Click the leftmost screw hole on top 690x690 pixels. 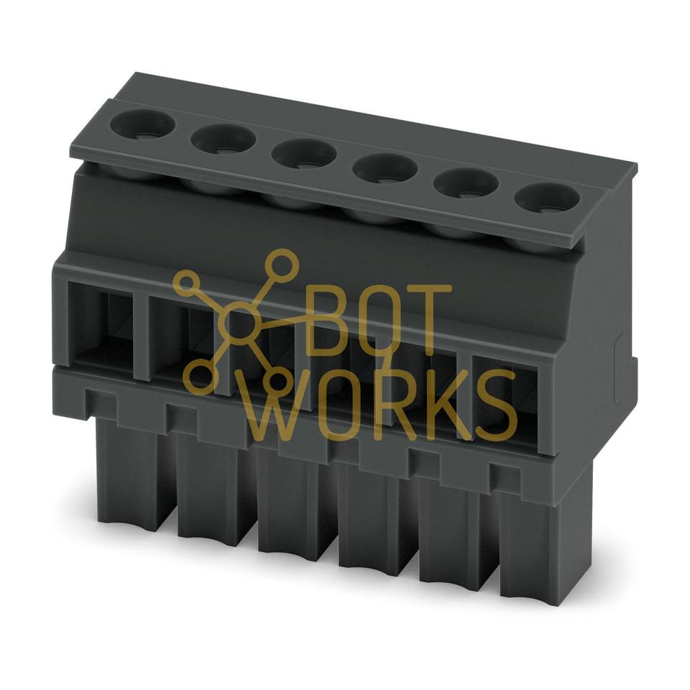tap(142, 124)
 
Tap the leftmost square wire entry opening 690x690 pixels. tap(101, 321)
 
